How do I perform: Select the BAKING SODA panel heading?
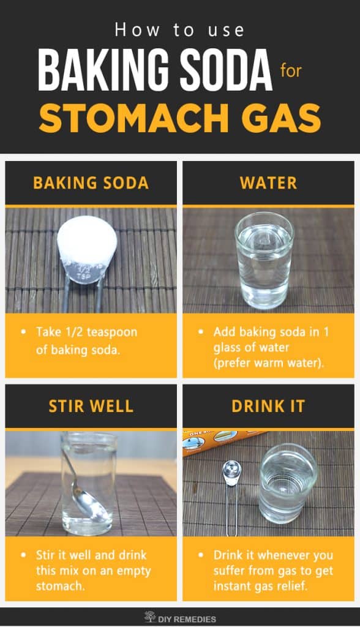91,182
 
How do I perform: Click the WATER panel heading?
268,182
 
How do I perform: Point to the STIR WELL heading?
91,407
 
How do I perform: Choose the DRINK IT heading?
268,407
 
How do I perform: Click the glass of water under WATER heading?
264,260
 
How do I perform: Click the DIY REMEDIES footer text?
188,618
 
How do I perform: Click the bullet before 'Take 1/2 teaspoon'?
23,332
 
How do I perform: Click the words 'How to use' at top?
179,29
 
